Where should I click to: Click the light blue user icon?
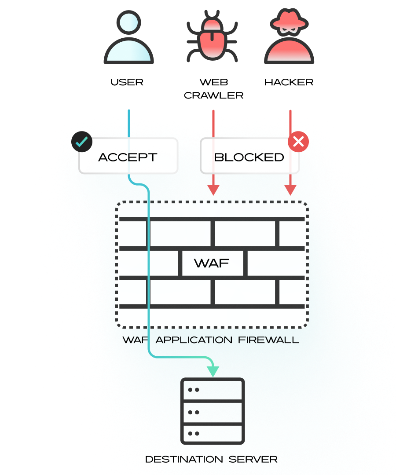128,40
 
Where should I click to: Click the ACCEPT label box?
128,157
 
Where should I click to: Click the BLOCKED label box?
249,157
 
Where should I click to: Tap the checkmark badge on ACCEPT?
82,141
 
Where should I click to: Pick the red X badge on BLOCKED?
298,141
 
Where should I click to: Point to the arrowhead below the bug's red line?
213,190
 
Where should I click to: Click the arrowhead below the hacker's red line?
290,190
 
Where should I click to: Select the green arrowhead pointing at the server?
213,371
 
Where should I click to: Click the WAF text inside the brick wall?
212,263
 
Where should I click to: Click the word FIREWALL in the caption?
269,340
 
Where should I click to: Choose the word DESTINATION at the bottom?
184,460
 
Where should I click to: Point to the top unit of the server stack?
213,390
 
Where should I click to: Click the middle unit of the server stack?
213,412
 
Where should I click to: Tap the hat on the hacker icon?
289,20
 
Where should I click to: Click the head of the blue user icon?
128,22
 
